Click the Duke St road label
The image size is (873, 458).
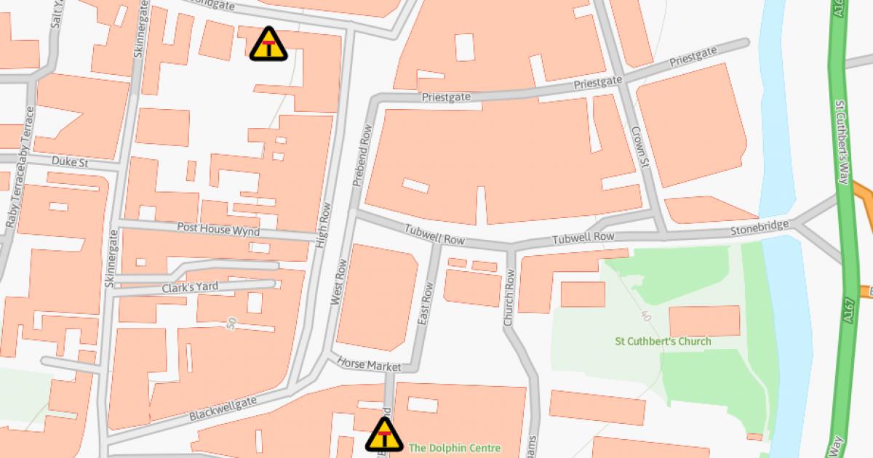pos(70,162)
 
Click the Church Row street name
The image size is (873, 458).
pos(509,297)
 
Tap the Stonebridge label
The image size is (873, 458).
pos(760,229)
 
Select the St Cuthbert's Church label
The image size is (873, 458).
pos(663,341)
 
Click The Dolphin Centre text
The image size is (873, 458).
pos(454,449)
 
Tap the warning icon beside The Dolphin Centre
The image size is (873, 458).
pos(384,435)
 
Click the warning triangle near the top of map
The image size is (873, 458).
pos(268,44)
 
